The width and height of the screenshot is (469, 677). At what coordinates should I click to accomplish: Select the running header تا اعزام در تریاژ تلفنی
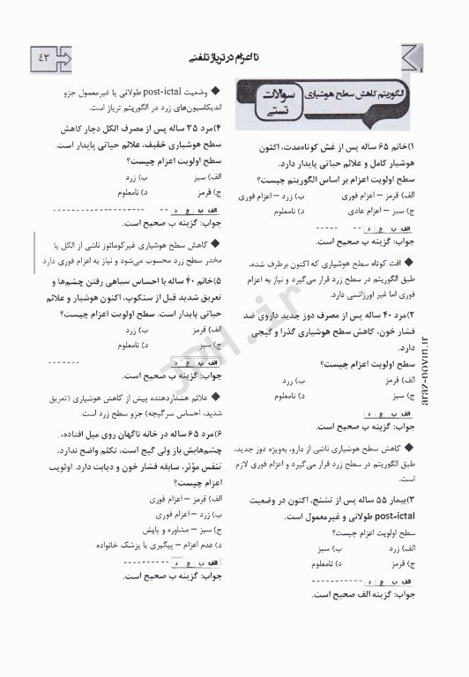(227, 58)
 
